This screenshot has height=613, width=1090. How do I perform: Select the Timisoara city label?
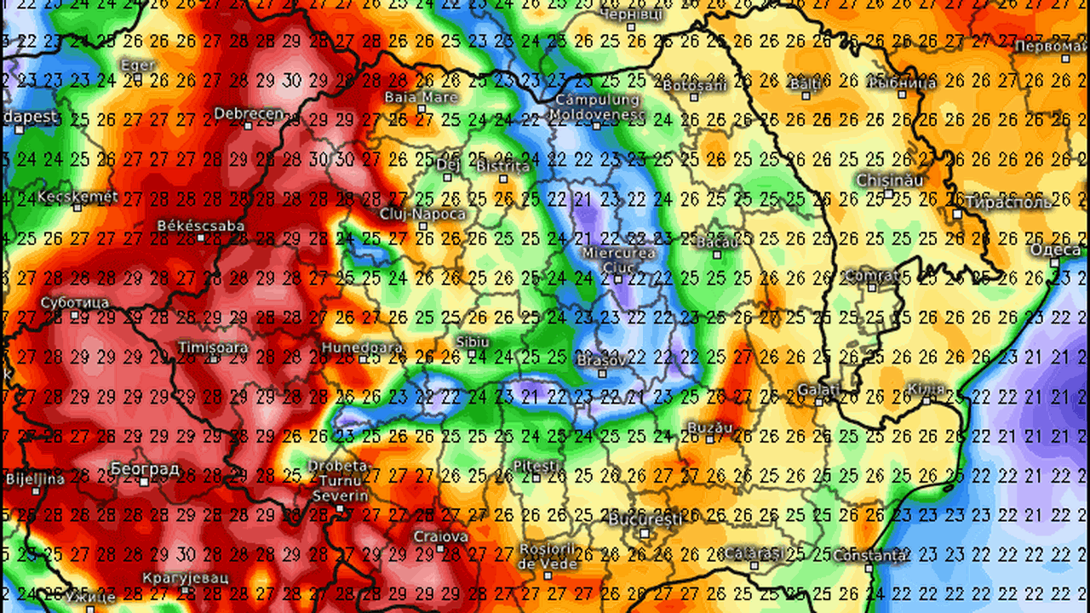[x=213, y=347]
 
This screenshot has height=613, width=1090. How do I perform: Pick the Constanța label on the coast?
[x=869, y=555]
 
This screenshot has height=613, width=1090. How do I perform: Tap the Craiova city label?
[x=440, y=536]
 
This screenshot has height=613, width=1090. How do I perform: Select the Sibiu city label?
[x=473, y=341]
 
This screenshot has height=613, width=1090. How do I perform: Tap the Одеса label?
[x=1055, y=249]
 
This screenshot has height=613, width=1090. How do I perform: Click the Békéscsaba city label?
[x=201, y=226]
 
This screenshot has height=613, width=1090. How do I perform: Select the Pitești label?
[x=535, y=466]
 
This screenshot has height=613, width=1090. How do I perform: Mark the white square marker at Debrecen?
[x=248, y=126]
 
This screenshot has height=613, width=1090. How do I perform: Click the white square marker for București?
[x=645, y=534]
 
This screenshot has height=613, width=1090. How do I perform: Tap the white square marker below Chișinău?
[x=888, y=194]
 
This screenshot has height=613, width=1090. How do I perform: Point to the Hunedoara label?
[x=350, y=348]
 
